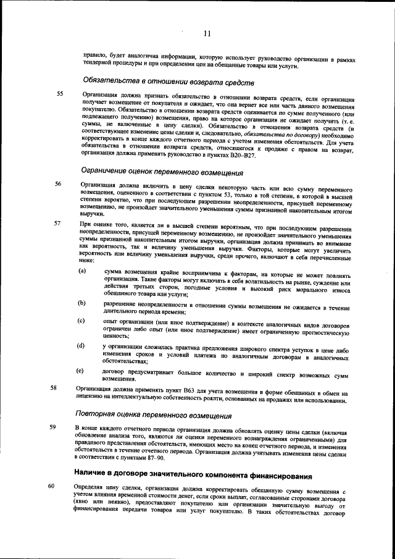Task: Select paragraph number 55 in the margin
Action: [x=60, y=94]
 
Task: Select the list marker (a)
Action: [x=81, y=271]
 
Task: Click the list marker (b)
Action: [x=81, y=303]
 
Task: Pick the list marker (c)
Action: [x=81, y=321]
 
